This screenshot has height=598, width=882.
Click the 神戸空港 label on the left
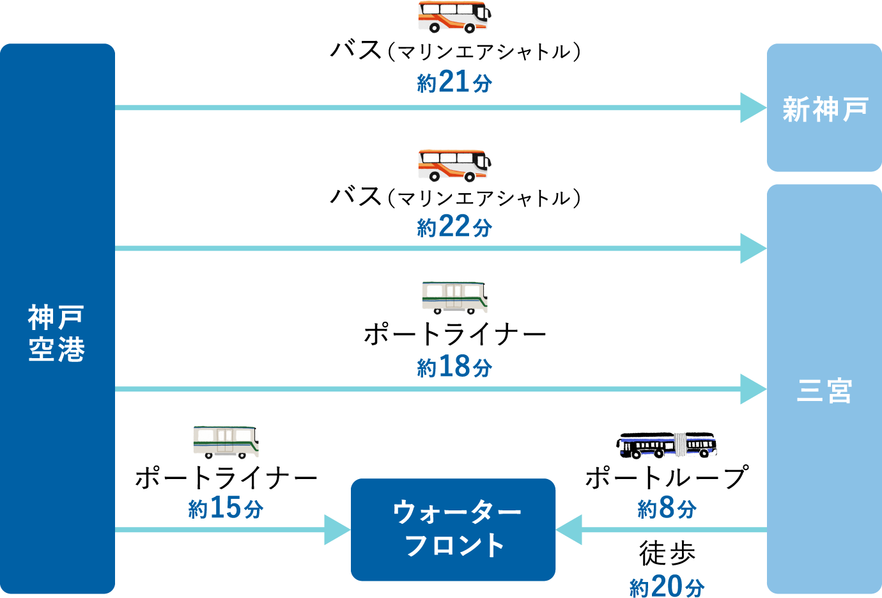[x=57, y=333]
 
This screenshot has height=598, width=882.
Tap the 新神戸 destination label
[x=824, y=109]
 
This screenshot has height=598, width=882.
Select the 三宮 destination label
[x=824, y=390]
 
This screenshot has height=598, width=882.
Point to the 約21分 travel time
[x=454, y=82]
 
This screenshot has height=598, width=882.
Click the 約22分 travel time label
[x=454, y=226]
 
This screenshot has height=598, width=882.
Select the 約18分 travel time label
[x=454, y=367]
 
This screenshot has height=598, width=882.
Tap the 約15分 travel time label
[x=226, y=508]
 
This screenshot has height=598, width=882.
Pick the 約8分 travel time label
[x=667, y=508]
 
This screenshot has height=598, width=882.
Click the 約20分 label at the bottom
[x=667, y=586]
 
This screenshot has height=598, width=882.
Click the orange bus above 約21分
[x=453, y=17]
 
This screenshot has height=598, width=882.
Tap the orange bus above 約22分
[x=453, y=165]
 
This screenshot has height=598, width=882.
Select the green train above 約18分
[x=454, y=297]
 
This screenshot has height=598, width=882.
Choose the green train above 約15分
[x=226, y=441]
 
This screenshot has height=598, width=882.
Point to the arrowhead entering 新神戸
[x=753, y=107]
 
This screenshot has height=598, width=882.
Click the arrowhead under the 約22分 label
[x=753, y=248]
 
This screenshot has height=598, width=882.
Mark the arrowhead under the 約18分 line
[x=753, y=389]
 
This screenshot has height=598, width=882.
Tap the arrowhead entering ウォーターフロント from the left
[x=337, y=530]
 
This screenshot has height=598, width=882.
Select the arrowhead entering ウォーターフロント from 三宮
[x=569, y=530]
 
